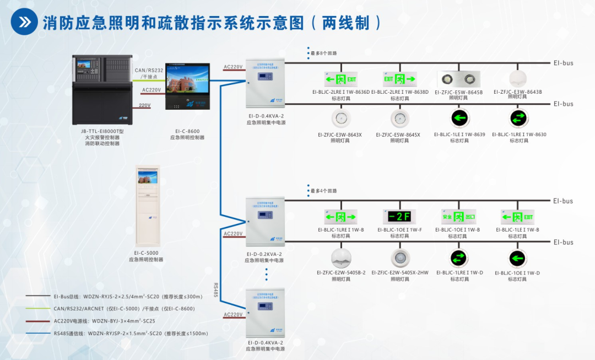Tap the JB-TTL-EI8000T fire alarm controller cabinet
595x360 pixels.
pos(102,90)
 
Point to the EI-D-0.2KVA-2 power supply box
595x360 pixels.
pos(265,221)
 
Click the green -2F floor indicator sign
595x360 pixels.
pos(398,216)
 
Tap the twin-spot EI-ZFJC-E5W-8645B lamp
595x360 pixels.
pos(458,78)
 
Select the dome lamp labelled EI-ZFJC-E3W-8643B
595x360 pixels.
pos(517,78)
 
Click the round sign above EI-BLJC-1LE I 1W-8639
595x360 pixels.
pos(458,118)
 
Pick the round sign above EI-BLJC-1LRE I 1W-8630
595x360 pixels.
pos(517,118)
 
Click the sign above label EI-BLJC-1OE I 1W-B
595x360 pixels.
pos(458,216)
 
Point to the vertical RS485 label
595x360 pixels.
pos(216,290)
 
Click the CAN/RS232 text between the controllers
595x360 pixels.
pos(149,70)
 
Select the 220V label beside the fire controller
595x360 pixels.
pos(144,105)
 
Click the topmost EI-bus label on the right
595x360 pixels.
pos(564,63)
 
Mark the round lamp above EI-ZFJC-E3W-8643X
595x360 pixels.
pos(340,118)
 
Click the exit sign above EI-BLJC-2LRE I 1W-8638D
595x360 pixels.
pos(399,79)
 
